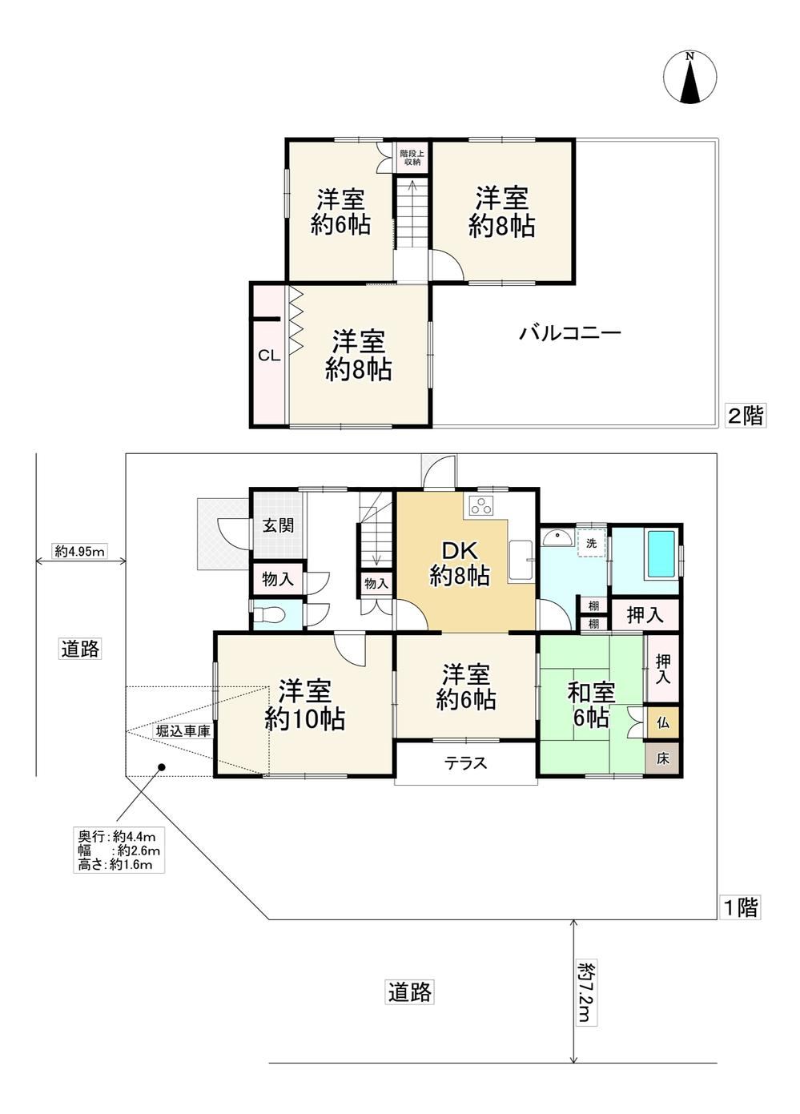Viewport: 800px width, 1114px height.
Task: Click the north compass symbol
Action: [x=689, y=78]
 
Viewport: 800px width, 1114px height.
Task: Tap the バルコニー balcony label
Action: [x=570, y=332]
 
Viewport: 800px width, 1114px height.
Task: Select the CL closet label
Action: [x=269, y=356]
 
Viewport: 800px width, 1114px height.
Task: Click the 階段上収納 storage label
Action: [x=412, y=158]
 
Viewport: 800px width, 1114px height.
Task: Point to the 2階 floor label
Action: [x=745, y=416]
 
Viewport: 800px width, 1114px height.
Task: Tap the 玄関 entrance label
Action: [x=278, y=525]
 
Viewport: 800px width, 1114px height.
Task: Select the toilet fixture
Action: [x=267, y=616]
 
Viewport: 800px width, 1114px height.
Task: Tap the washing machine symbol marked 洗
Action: [x=591, y=543]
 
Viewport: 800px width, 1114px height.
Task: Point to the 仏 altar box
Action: [x=661, y=722]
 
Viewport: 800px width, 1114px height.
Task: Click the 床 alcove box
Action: [x=661, y=758]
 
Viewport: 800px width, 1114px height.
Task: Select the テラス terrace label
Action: [x=465, y=762]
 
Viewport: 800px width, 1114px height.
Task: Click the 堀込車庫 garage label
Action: [x=183, y=731]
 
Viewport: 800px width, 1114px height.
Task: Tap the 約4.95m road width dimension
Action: [x=79, y=551]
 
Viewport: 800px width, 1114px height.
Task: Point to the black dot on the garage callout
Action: [x=161, y=767]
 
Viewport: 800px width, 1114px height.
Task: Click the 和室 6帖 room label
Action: [x=591, y=705]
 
